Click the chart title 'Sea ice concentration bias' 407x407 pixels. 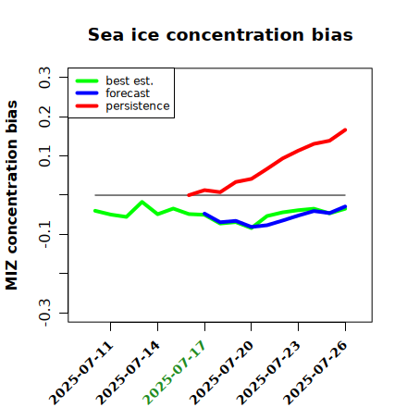coord(220,34)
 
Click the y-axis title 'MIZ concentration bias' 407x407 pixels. coord(12,195)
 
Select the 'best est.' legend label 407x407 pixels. coord(129,80)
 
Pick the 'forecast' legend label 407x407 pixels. coord(128,93)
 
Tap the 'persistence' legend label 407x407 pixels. coord(138,106)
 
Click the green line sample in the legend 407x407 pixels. coord(87,80)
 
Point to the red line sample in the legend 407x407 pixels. coord(87,106)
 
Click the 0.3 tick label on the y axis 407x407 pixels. coord(44,78)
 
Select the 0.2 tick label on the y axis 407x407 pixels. coord(44,117)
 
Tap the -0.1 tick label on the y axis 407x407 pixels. coord(44,234)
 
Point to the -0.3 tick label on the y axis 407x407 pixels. coord(44,313)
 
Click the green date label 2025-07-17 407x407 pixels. coord(175,373)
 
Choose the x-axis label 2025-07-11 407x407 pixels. coord(80,373)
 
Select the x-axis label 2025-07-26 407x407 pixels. coord(315,373)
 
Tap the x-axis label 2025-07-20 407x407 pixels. coord(221,373)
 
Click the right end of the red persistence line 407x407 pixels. coord(345,130)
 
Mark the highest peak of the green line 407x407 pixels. coord(142,202)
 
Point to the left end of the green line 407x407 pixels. coord(95,211)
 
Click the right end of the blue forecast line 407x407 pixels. coord(345,206)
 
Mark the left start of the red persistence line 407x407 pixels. coord(189,195)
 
